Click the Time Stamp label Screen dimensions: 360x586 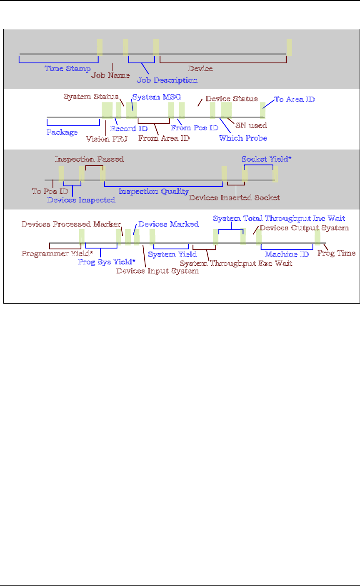(67, 68)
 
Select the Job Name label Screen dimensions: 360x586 (110, 76)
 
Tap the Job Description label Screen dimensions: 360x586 (167, 80)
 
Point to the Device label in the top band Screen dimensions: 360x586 (200, 68)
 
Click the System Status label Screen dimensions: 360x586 (91, 97)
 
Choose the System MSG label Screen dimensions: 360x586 (156, 97)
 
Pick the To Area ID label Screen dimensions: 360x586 (294, 100)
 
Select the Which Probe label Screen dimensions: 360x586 (242, 138)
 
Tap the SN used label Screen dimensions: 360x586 (251, 125)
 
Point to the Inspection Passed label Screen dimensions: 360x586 (89, 159)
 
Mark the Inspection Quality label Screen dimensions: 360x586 (153, 192)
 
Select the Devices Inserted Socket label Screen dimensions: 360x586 (234, 197)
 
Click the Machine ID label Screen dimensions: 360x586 (287, 254)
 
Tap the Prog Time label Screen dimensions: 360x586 (336, 253)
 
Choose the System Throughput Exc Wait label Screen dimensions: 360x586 (236, 263)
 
